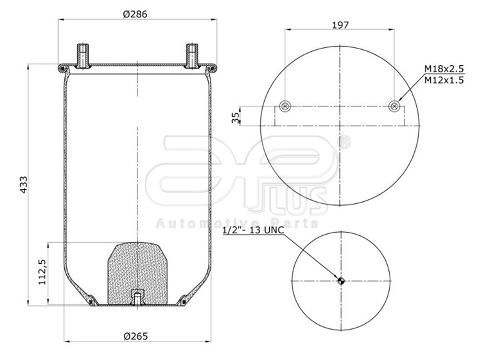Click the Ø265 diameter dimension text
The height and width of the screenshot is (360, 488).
coord(135,336)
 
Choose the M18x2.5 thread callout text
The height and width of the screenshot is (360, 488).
coord(444,70)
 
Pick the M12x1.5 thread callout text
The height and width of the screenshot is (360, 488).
coord(444,80)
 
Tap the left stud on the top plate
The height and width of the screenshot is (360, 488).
coord(83,55)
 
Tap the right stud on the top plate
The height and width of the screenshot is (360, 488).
coord(192,55)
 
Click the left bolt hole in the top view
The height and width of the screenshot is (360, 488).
coord(285,106)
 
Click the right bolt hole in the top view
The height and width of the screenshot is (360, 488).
coord(394,106)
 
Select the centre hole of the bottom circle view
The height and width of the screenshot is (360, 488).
coord(341,280)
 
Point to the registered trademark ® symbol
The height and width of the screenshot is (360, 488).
coord(344,142)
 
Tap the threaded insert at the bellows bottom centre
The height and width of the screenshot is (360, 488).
coord(137,298)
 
